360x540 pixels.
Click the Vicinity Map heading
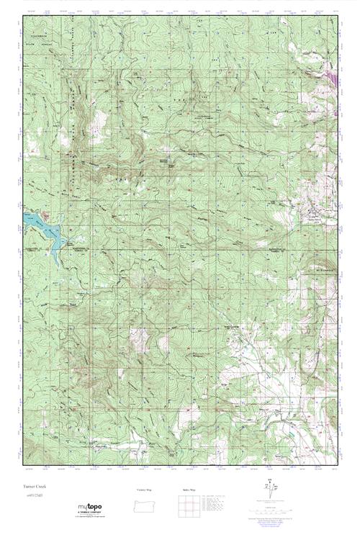[145, 490]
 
